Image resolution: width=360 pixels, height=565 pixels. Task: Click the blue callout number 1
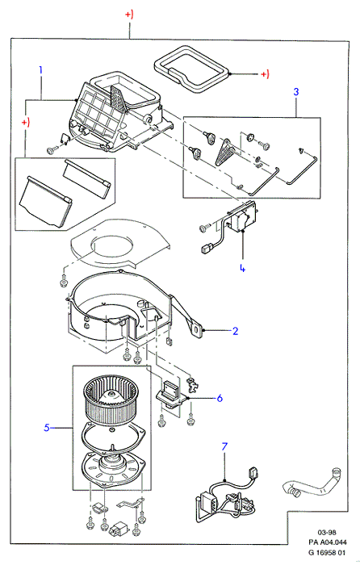40,69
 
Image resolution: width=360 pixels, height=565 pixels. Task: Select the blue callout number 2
236,331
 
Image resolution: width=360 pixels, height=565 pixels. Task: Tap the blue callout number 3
296,91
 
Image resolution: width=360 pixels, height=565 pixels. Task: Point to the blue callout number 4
242,268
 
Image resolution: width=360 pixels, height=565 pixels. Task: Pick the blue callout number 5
47,428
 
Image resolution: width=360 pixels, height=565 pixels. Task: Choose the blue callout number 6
220,398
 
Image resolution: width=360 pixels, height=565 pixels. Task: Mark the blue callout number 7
224,447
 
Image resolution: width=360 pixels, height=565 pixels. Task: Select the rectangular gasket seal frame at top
190,69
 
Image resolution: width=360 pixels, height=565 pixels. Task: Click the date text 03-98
327,532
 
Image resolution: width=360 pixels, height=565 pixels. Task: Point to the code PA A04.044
328,542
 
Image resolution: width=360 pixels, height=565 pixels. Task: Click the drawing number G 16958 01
328,552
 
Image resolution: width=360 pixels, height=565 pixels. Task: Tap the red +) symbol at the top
129,15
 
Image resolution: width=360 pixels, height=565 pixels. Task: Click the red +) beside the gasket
265,74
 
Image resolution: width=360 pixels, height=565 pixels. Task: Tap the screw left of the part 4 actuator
204,228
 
